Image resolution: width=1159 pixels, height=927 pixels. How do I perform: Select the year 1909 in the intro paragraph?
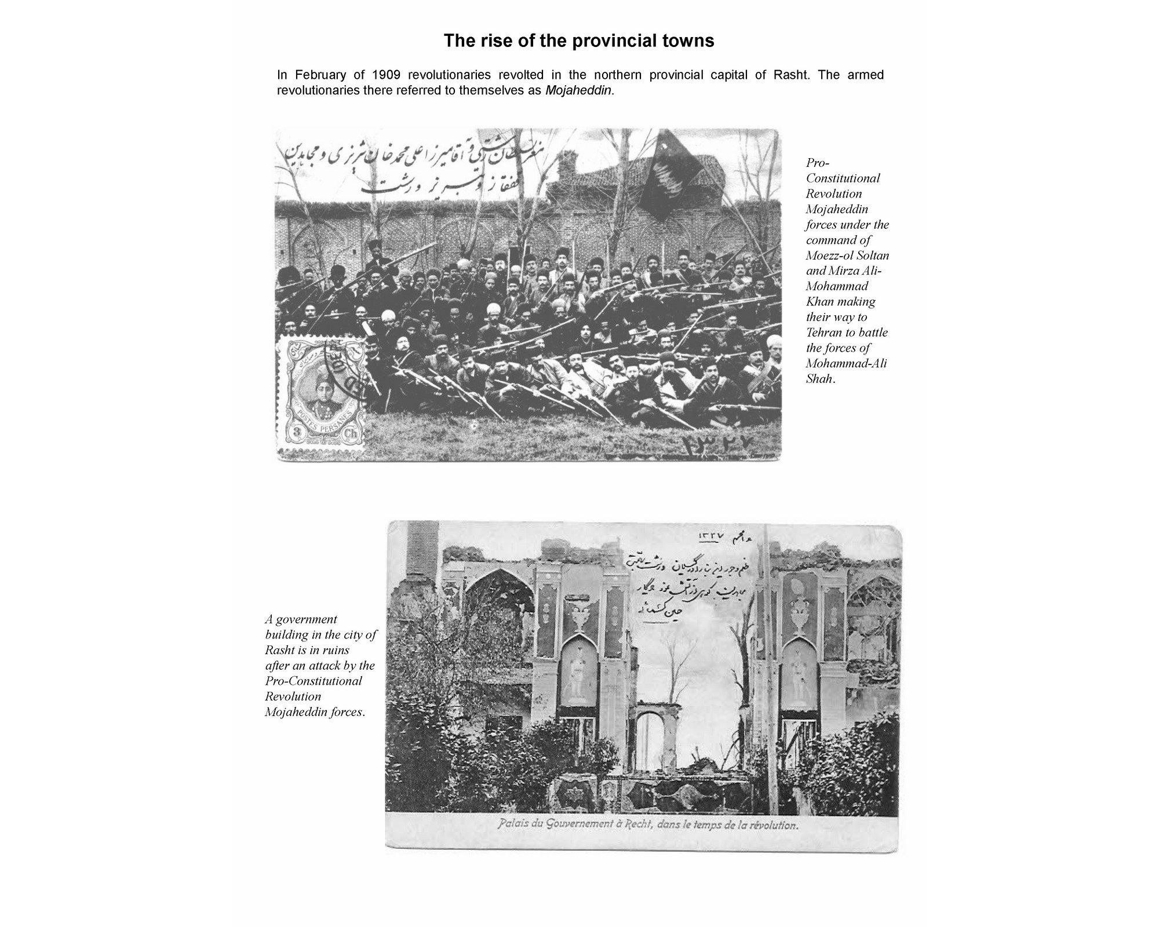coord(387,75)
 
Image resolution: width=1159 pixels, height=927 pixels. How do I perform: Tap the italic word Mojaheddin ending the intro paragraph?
coord(578,91)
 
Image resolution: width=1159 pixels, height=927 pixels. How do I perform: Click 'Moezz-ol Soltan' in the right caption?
coord(847,256)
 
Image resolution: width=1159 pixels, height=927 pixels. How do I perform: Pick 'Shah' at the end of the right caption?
coord(819,379)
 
